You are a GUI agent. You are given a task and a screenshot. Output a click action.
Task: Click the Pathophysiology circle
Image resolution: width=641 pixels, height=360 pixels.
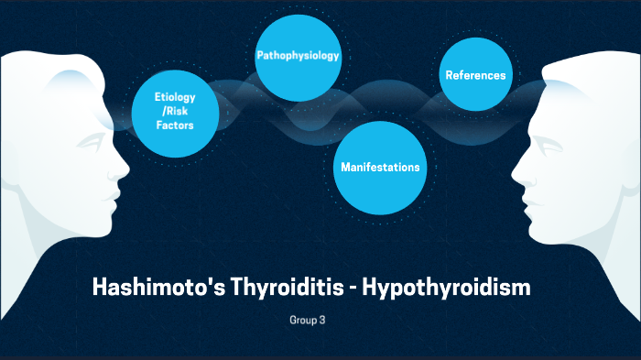click(297, 57)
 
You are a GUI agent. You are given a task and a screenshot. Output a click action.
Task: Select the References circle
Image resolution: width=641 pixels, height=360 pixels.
click(475, 75)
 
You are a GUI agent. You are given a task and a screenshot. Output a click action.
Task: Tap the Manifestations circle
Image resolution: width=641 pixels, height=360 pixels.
click(380, 168)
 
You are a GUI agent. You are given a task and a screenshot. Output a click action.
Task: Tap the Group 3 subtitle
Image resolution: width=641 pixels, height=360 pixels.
click(307, 321)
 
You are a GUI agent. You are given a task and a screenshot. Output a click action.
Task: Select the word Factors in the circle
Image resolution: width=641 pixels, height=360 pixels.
click(175, 125)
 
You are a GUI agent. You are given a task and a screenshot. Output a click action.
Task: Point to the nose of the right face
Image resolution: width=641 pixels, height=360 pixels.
click(518, 170)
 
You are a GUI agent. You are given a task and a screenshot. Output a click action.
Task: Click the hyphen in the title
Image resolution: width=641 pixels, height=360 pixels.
click(351, 289)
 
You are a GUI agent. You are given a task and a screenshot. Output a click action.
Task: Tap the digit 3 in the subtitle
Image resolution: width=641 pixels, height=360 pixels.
click(322, 321)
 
